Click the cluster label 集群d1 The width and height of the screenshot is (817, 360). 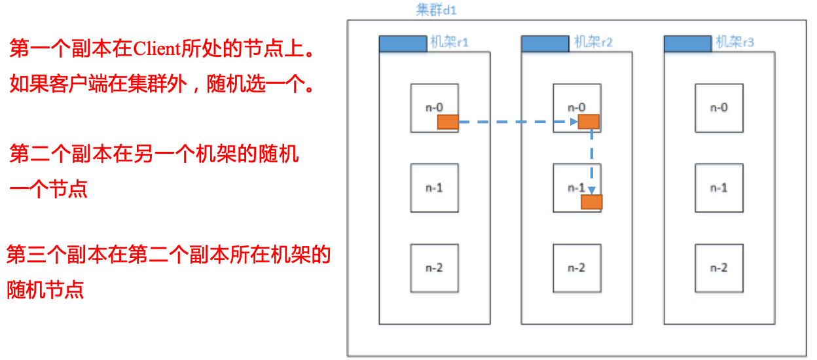436,9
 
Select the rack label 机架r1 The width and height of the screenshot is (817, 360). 449,43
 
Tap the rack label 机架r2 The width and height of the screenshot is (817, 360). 593,43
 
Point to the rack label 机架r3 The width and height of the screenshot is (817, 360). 735,43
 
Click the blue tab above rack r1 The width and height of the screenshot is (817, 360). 403,44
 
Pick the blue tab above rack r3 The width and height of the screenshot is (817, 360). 688,44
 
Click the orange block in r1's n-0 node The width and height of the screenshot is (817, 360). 448,122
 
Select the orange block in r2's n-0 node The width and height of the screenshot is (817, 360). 589,122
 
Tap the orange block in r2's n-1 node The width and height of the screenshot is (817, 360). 592,202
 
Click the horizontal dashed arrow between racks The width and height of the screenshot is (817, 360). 518,122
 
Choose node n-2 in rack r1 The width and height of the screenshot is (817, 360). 435,268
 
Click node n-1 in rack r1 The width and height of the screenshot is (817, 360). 435,188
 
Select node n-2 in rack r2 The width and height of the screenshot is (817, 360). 577,268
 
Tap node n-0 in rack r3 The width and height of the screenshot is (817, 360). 719,108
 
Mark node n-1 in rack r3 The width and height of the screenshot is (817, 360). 719,188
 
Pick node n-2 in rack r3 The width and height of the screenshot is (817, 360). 719,268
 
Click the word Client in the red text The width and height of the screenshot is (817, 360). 157,48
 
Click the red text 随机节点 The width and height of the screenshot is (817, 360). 45,290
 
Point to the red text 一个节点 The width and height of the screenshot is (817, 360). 48,189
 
